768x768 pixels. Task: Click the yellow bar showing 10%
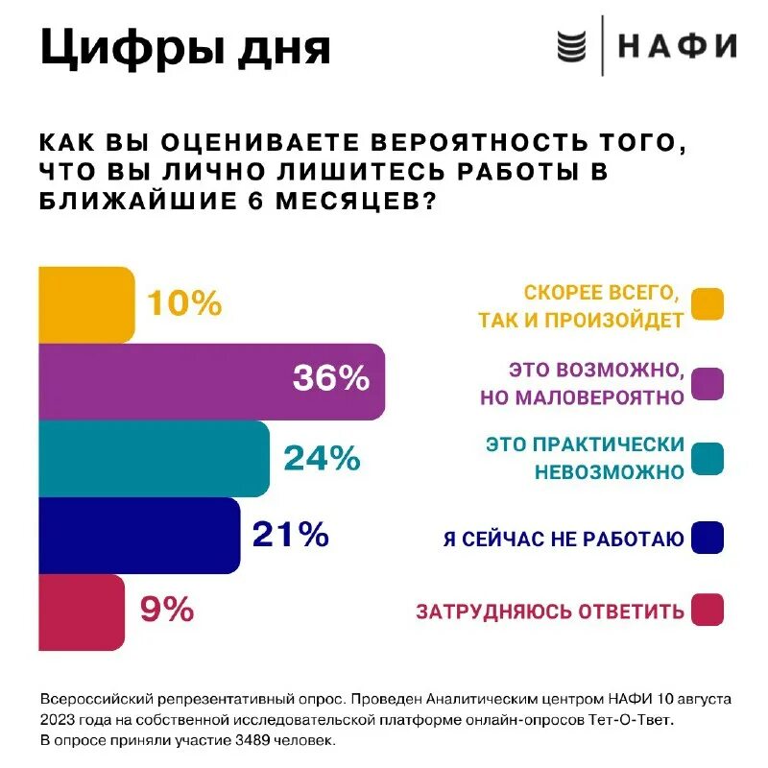click(x=86, y=304)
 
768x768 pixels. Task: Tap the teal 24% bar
click(x=154, y=458)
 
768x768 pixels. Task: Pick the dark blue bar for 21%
click(x=139, y=535)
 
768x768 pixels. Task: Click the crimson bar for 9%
click(x=82, y=612)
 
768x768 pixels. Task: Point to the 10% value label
click(x=184, y=304)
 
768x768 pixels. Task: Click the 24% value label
click(x=322, y=458)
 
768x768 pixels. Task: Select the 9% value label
click(x=167, y=610)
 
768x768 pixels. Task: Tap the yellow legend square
click(x=707, y=303)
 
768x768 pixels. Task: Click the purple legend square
click(x=707, y=382)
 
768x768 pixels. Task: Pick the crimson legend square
click(x=707, y=611)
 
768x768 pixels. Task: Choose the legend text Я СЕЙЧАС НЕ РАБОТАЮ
click(x=564, y=540)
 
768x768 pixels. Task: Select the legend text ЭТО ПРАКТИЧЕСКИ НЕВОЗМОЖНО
click(x=585, y=458)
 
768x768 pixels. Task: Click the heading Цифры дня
click(x=184, y=48)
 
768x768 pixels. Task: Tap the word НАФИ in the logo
click(x=677, y=46)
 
